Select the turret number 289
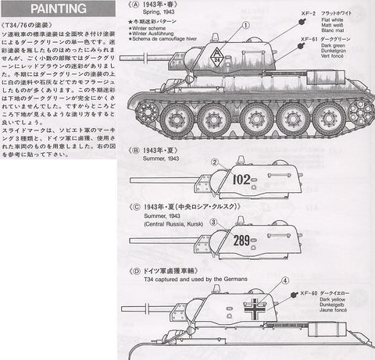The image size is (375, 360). pyautogui.click(x=242, y=241)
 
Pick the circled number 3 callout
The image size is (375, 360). pyautogui.click(x=212, y=223)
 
